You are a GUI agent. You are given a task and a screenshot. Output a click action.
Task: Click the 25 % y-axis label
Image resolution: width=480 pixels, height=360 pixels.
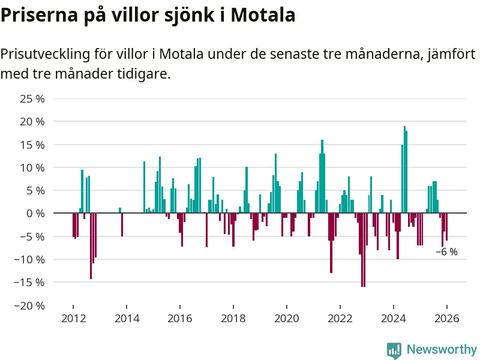pyautogui.click(x=32, y=98)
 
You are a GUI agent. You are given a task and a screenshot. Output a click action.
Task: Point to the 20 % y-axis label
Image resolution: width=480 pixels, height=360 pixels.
pyautogui.click(x=32, y=121)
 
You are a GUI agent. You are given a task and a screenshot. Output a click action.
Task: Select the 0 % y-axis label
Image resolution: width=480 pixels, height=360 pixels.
pyautogui.click(x=35, y=213)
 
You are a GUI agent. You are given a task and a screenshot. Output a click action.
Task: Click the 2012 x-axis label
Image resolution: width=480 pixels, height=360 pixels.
pyautogui.click(x=73, y=319)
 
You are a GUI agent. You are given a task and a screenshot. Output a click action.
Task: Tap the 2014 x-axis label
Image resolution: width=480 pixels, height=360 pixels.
pyautogui.click(x=126, y=319)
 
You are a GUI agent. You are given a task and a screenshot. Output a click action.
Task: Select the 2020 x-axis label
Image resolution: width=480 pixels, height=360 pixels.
pyautogui.click(x=286, y=319)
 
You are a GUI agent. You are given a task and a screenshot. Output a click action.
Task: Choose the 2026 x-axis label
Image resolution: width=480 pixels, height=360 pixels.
pyautogui.click(x=447, y=319)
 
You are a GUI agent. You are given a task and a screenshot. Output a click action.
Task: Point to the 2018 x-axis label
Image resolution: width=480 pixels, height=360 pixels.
pyautogui.click(x=233, y=319)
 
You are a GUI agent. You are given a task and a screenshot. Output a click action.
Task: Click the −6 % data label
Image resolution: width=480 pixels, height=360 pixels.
pyautogui.click(x=446, y=252)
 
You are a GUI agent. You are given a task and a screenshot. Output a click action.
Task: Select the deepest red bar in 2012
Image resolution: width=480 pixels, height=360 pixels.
pyautogui.click(x=91, y=246)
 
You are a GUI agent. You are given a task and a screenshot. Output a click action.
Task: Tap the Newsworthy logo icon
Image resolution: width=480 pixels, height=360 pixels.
pyautogui.click(x=394, y=350)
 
